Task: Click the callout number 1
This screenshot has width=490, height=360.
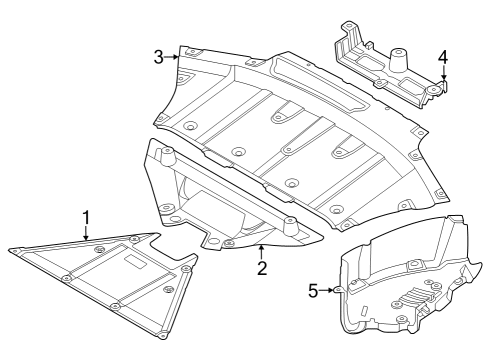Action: coord(86,216)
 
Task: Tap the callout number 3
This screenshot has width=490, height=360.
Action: coord(159,57)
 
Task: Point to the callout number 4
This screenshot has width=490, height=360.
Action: coord(443,58)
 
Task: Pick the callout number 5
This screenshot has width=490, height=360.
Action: coord(313,290)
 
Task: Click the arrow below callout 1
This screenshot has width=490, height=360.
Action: coord(86,233)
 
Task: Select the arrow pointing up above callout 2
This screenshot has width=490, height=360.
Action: coord(261,250)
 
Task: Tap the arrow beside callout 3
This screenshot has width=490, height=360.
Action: coord(173,57)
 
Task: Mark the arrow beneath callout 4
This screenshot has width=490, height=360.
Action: coord(443,75)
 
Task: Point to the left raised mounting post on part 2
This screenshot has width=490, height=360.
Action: coord(167,154)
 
